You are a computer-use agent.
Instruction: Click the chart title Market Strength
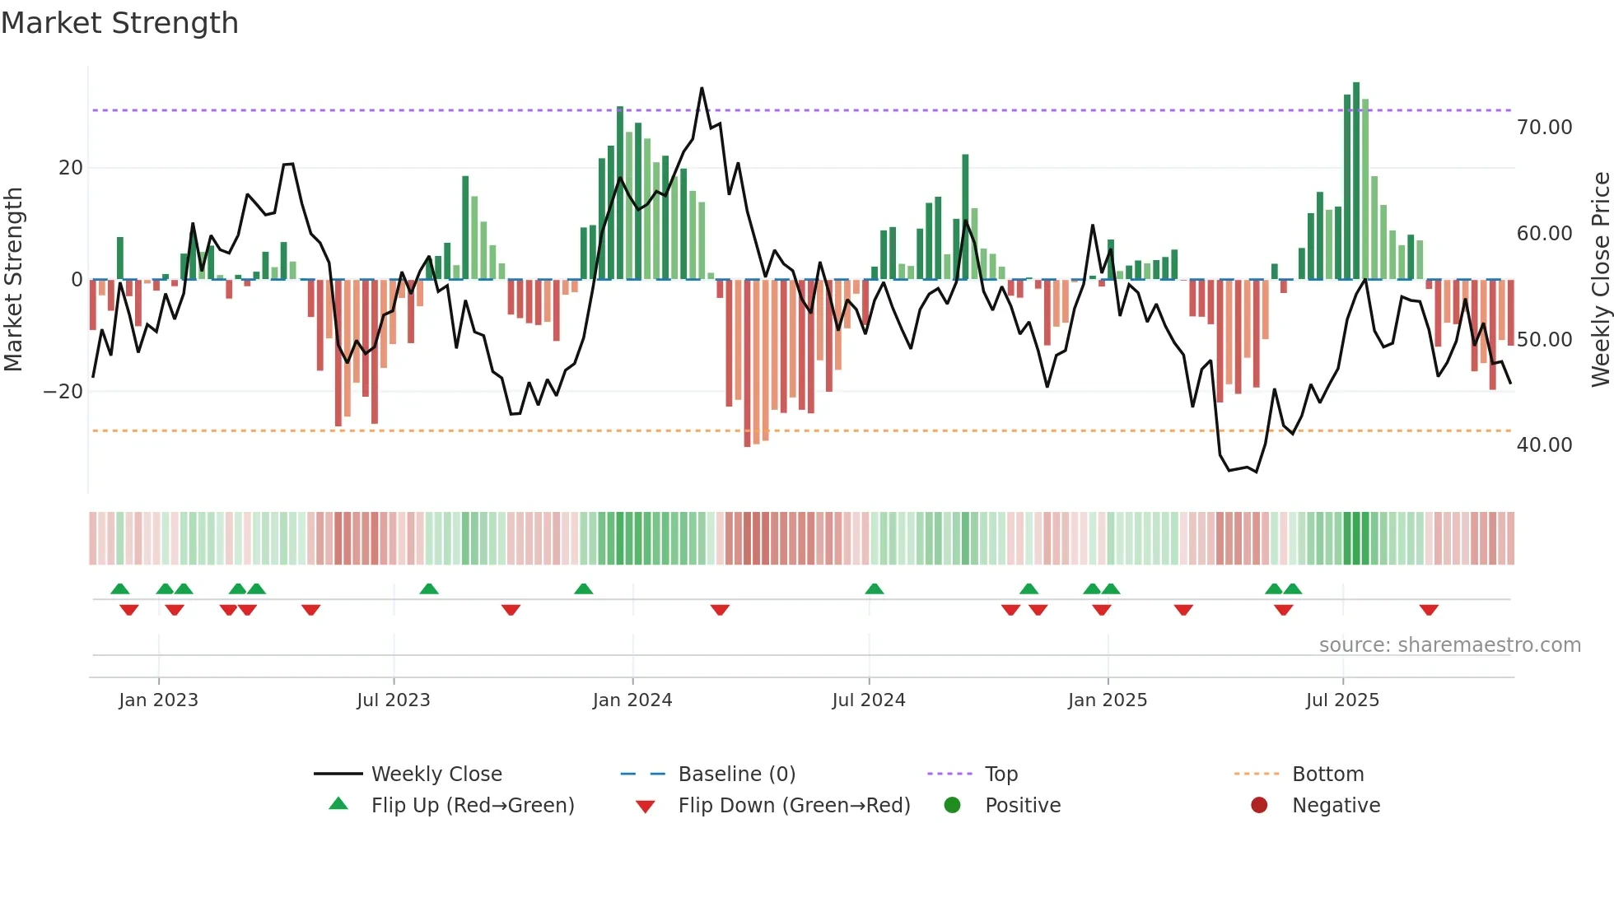click(x=119, y=23)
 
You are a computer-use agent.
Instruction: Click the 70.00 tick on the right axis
click(x=1544, y=128)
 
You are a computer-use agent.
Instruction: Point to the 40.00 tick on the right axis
click(x=1544, y=445)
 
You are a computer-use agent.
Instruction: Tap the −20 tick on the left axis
click(x=63, y=392)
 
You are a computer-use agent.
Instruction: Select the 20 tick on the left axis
click(x=71, y=168)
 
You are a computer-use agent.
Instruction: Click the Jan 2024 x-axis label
click(x=632, y=700)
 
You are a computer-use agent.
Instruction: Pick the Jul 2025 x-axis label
click(x=1342, y=700)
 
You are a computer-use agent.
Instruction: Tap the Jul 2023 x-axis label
click(x=394, y=700)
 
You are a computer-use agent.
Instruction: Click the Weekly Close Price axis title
click(x=1600, y=280)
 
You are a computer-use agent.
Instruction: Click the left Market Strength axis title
click(x=13, y=280)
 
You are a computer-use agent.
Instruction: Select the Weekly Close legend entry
click(x=436, y=774)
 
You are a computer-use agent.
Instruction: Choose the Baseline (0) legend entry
click(x=736, y=774)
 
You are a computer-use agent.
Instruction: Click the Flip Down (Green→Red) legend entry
click(x=794, y=806)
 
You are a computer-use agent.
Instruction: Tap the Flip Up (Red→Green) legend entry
click(x=473, y=806)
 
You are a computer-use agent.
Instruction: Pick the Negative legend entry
click(x=1336, y=806)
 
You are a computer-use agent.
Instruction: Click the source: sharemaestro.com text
click(x=1449, y=645)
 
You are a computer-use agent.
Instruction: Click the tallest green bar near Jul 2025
click(x=1356, y=181)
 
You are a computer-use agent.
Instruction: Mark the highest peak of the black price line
click(x=702, y=88)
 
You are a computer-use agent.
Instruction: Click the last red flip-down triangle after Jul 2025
click(x=1429, y=610)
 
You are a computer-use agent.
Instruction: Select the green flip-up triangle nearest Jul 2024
click(x=875, y=588)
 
